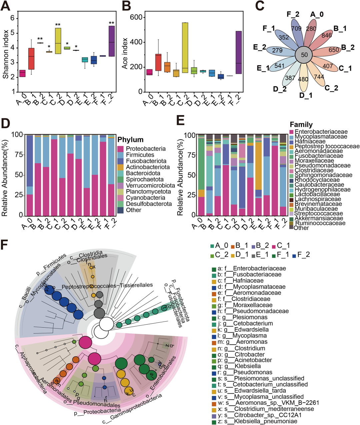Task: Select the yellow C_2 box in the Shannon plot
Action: (x=58, y=41)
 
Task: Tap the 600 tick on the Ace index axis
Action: (x=136, y=17)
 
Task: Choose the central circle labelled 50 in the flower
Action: (x=304, y=55)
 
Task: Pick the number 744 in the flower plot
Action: (x=319, y=77)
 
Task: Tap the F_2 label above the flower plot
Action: (x=293, y=14)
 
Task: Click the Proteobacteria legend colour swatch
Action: (x=120, y=149)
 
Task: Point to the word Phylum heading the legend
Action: (x=130, y=140)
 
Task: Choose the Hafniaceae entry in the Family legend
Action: (x=310, y=141)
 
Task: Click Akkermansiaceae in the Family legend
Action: (x=319, y=219)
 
